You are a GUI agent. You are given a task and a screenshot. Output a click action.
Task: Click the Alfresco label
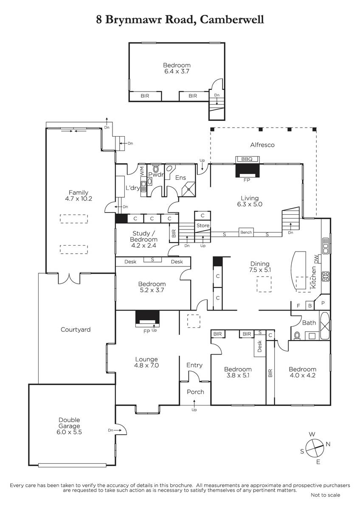click(262, 145)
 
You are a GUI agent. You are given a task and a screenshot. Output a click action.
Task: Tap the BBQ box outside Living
click(247, 159)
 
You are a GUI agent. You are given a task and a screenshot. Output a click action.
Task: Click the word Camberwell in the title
click(232, 20)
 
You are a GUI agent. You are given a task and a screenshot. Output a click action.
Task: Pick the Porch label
click(195, 392)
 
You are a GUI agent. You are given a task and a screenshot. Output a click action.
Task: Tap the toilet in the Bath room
click(297, 336)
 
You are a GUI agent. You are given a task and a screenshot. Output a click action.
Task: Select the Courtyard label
click(76, 330)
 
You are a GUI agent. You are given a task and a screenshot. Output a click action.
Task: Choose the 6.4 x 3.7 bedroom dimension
click(177, 71)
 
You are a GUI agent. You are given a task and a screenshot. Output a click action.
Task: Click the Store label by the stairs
click(203, 225)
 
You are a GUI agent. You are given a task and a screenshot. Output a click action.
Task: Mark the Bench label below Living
click(246, 232)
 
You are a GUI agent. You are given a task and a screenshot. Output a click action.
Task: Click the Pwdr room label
click(156, 174)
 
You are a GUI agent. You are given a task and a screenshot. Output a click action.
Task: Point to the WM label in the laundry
click(142, 171)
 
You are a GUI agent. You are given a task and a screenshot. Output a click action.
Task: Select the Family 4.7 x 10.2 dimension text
click(79, 199)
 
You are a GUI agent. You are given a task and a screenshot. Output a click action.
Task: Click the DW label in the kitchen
click(316, 259)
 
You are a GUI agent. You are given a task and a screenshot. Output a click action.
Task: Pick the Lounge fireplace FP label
click(147, 332)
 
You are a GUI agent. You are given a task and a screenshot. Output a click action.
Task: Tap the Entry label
click(194, 365)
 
